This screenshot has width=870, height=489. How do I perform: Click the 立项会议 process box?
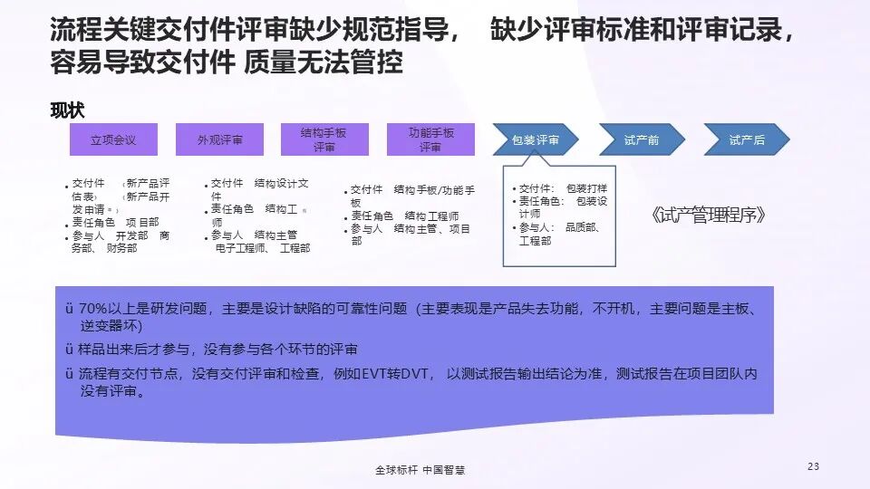[x=113, y=139]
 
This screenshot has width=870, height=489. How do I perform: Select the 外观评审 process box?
[x=219, y=139]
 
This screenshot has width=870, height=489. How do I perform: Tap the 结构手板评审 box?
[x=324, y=139]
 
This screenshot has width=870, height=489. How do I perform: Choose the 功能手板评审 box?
[x=430, y=139]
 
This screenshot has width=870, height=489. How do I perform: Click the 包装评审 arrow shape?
[x=536, y=139]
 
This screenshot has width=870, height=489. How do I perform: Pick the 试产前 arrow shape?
[x=641, y=139]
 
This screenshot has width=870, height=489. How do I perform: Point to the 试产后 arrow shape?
[x=747, y=139]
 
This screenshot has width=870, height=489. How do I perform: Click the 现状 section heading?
[x=68, y=110]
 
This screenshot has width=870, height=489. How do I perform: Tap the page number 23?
[x=812, y=466]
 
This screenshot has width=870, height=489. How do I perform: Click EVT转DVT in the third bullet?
[x=399, y=373]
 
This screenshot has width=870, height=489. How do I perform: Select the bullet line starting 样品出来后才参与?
[x=217, y=349]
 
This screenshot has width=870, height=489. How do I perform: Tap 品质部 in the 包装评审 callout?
[x=581, y=228]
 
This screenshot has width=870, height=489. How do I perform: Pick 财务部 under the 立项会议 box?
[x=121, y=248]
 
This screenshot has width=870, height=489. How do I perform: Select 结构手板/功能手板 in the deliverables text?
[x=435, y=190]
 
